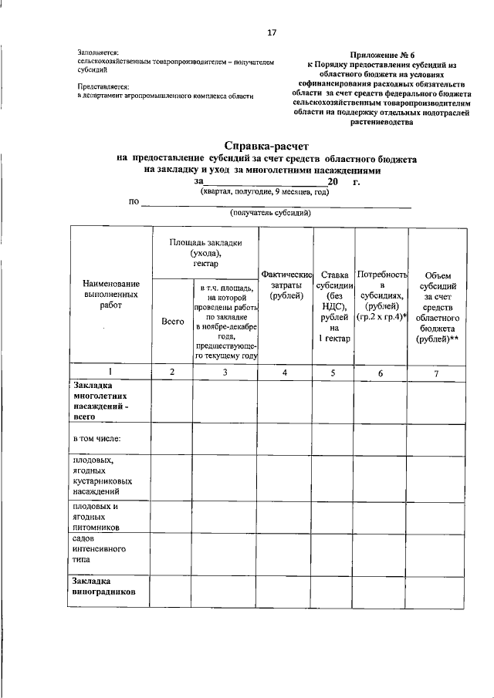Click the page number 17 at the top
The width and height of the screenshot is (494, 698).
[271, 32]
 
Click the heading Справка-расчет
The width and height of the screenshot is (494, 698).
[266, 145]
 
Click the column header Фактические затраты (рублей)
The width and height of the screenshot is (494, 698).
[286, 285]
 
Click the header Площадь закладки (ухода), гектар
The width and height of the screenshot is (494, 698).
[205, 252]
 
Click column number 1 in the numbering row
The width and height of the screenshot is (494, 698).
[110, 373]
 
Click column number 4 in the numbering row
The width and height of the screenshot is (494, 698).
[286, 373]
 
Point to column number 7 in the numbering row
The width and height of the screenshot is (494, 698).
[438, 373]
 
